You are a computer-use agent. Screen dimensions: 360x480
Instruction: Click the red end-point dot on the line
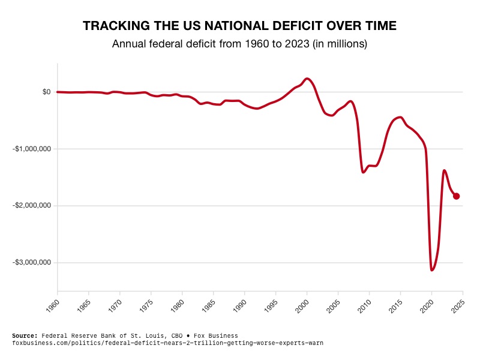click(457, 196)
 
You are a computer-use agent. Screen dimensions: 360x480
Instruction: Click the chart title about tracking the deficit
click(240, 26)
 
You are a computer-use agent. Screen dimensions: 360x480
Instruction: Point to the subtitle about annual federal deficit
click(240, 44)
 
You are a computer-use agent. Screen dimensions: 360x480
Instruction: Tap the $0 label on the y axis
click(46, 92)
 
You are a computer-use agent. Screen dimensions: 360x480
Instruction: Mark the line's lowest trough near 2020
click(432, 270)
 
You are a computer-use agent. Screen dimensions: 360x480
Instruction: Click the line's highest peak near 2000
click(307, 79)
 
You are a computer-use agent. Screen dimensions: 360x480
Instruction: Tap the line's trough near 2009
click(364, 172)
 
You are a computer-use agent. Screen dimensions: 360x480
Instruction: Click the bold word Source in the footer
click(24, 335)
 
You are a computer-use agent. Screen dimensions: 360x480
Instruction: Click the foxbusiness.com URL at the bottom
click(167, 343)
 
